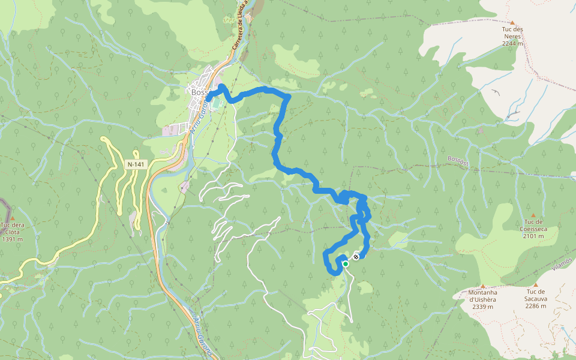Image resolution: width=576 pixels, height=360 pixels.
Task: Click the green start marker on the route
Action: tap(346, 263)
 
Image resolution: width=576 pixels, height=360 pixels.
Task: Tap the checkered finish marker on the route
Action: tap(356, 257)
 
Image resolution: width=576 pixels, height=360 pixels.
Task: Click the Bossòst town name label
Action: tap(199, 92)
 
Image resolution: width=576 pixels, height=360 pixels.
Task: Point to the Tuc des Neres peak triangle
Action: tap(512, 22)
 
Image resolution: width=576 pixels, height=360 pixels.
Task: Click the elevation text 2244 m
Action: tap(512, 43)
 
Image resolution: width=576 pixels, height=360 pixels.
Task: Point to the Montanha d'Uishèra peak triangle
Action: tap(482, 286)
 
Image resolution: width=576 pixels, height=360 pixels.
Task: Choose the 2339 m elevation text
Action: tap(482, 307)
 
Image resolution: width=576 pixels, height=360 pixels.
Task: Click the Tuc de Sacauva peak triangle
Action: tap(535, 285)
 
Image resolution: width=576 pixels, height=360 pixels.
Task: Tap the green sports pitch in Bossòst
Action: tap(217, 106)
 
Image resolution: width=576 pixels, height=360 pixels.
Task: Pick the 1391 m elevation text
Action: tap(12, 239)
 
